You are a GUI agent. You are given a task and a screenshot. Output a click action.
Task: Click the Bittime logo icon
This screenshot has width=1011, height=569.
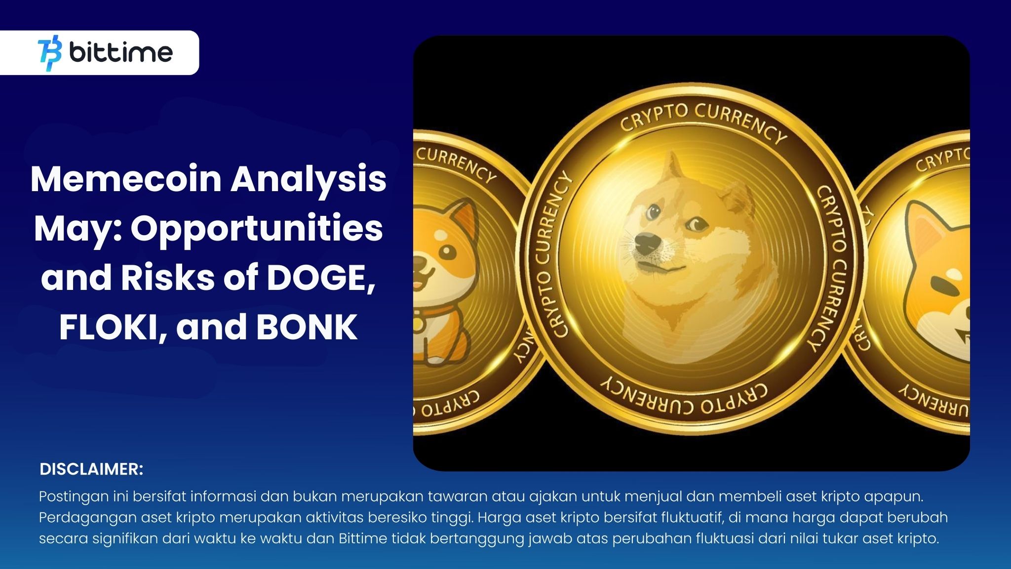coord(50,53)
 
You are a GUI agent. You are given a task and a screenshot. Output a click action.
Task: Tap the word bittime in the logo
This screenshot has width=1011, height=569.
coord(121,52)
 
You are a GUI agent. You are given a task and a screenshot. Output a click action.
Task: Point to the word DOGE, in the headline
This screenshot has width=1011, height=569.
coord(319,278)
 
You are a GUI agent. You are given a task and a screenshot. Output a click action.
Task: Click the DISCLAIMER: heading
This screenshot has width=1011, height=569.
coord(91,469)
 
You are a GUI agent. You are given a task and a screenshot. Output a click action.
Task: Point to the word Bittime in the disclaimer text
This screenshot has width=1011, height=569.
coord(363,538)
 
